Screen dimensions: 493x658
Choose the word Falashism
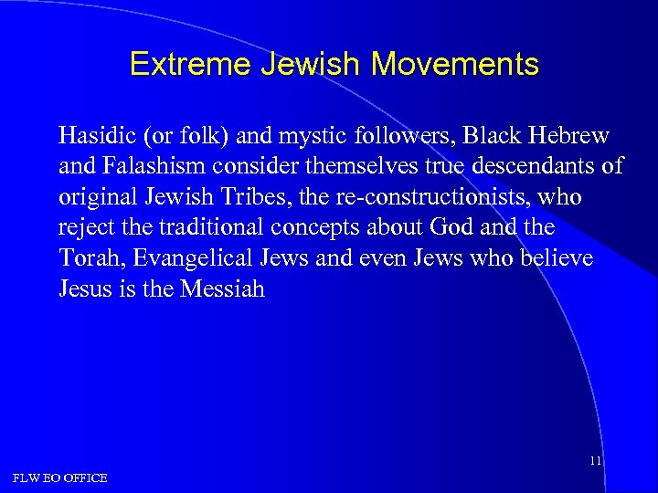tap(147, 167)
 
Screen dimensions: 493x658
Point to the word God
tap(445, 227)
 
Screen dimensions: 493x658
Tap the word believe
tap(558, 258)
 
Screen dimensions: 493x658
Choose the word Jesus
tap(83, 288)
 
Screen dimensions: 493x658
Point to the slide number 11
tap(595, 461)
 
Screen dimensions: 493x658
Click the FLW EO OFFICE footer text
tap(59, 477)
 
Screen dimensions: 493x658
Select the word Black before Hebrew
tap(493, 137)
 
